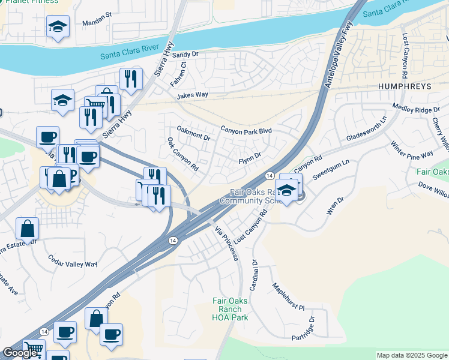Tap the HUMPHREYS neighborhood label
405,86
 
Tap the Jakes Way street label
192,95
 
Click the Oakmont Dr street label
193,133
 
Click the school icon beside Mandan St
58,26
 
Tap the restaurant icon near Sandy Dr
130,79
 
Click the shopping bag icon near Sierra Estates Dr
28,229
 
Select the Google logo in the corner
20,352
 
